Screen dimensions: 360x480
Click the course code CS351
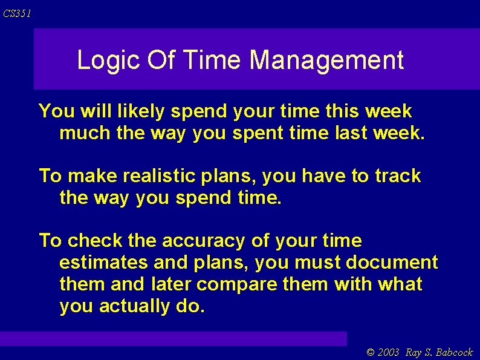[x=17, y=14]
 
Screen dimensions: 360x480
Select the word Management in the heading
[x=326, y=61]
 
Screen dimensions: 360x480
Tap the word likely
[x=143, y=111]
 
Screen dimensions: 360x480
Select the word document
[x=392, y=263]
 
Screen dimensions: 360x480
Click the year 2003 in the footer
[x=390, y=352]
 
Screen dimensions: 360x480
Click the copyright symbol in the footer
[x=371, y=352]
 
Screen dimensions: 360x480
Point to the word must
[x=318, y=263]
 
